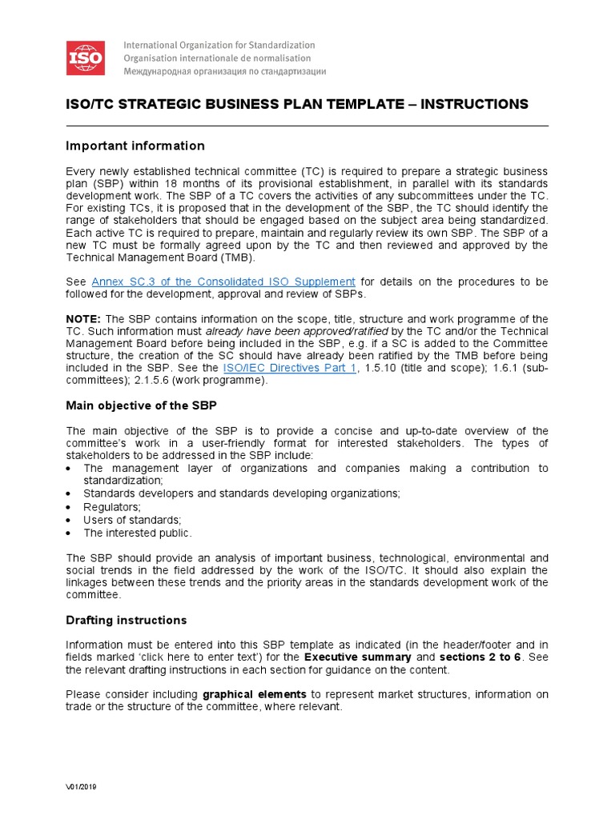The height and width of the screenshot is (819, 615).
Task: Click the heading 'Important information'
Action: (x=135, y=146)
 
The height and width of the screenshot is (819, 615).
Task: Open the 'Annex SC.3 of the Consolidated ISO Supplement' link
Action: (x=223, y=282)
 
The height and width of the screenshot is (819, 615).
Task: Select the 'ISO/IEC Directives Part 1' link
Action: (x=289, y=368)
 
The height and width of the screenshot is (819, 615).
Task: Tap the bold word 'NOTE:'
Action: (x=83, y=318)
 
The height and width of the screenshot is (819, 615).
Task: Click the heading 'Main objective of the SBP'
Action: (x=141, y=406)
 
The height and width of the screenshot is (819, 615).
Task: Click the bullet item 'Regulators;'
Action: (x=112, y=507)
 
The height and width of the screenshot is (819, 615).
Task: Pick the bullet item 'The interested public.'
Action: (x=138, y=533)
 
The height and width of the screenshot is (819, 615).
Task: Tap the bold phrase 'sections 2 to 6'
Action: (x=480, y=657)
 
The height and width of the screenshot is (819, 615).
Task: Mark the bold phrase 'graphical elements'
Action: (x=255, y=694)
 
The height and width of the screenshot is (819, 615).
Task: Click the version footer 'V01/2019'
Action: (x=81, y=787)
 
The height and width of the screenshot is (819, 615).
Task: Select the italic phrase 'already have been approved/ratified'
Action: (x=297, y=331)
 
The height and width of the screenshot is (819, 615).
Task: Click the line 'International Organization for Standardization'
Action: (x=219, y=46)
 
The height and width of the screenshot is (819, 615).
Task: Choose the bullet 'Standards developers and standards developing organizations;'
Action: (x=241, y=494)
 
